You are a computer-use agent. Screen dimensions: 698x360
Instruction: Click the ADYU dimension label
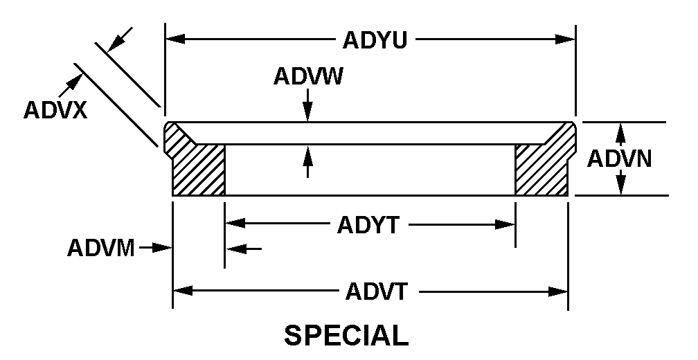coord(375,40)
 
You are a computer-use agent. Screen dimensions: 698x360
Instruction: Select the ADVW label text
coord(308,77)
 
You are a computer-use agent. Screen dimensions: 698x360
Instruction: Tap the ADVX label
coord(55,110)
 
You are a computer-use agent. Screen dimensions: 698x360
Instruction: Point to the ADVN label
coord(619,159)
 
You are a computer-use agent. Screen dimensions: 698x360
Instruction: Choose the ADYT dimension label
coord(368,226)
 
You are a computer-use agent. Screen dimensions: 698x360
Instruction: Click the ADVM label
coord(101,248)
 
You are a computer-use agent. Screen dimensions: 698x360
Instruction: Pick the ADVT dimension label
coord(377,292)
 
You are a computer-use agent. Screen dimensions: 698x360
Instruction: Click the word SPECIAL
coord(346,336)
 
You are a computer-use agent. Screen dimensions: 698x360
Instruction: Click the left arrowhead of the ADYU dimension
coord(175,39)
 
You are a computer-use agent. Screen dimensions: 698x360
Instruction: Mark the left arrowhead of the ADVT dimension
coord(183,291)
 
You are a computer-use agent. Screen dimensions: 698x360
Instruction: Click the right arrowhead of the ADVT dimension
coord(558,291)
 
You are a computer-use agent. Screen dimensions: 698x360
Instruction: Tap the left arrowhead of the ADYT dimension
coord(235,223)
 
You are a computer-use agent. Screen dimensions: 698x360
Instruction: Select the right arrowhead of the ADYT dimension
coord(505,224)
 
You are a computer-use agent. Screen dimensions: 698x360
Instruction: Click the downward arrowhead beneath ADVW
coord(307,111)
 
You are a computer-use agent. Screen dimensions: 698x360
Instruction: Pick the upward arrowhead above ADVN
coord(621,132)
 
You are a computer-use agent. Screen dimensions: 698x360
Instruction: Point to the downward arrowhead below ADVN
coord(621,185)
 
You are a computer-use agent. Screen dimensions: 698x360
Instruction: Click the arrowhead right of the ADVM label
coord(162,248)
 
